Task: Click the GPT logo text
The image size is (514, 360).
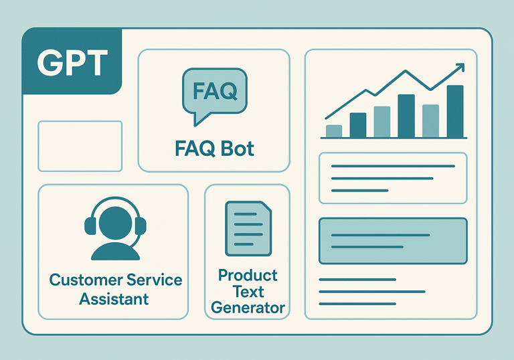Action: pos(72,62)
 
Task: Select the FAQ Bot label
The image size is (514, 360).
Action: pos(214,148)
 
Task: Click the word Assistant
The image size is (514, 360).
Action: pos(114,298)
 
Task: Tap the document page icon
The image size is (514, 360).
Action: pos(248,228)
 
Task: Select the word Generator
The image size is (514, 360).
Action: pos(248,308)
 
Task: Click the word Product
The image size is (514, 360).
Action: pos(248,275)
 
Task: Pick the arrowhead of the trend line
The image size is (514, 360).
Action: pos(460,68)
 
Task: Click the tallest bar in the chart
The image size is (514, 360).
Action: pos(455,111)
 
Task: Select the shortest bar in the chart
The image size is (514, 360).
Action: pos(333,130)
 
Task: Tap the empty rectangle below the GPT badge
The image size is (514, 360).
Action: pos(80,146)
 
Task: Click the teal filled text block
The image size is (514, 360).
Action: pos(393,241)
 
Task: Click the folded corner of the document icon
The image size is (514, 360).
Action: pos(266,207)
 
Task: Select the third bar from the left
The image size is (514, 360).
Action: pos(382,122)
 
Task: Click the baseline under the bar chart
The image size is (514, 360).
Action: pos(393,138)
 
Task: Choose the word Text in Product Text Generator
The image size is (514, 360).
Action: pos(248,292)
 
